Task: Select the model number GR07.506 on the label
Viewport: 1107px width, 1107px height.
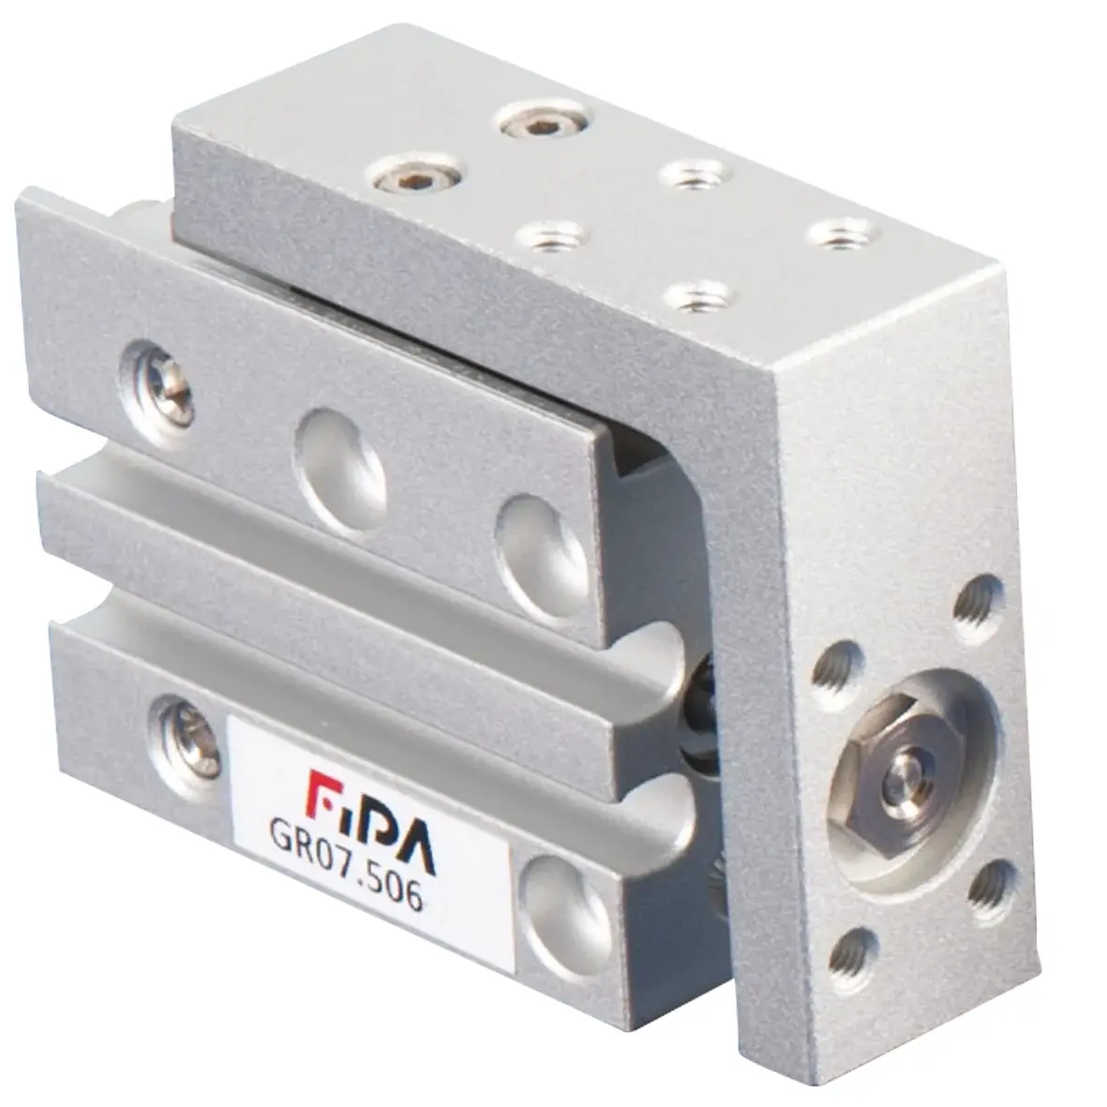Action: click(346, 864)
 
